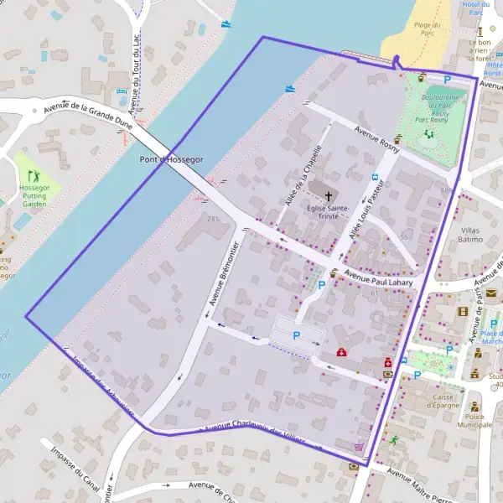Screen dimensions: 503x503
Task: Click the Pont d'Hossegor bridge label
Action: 171,159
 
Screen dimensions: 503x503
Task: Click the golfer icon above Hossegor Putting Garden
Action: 34,176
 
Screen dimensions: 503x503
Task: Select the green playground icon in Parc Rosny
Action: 429,132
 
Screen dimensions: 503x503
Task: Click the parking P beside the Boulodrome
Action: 448,80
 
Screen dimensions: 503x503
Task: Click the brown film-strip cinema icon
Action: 462,311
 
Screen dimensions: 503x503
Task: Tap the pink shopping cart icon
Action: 360,448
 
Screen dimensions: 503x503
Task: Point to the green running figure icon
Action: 392,439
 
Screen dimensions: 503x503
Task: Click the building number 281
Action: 213,219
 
